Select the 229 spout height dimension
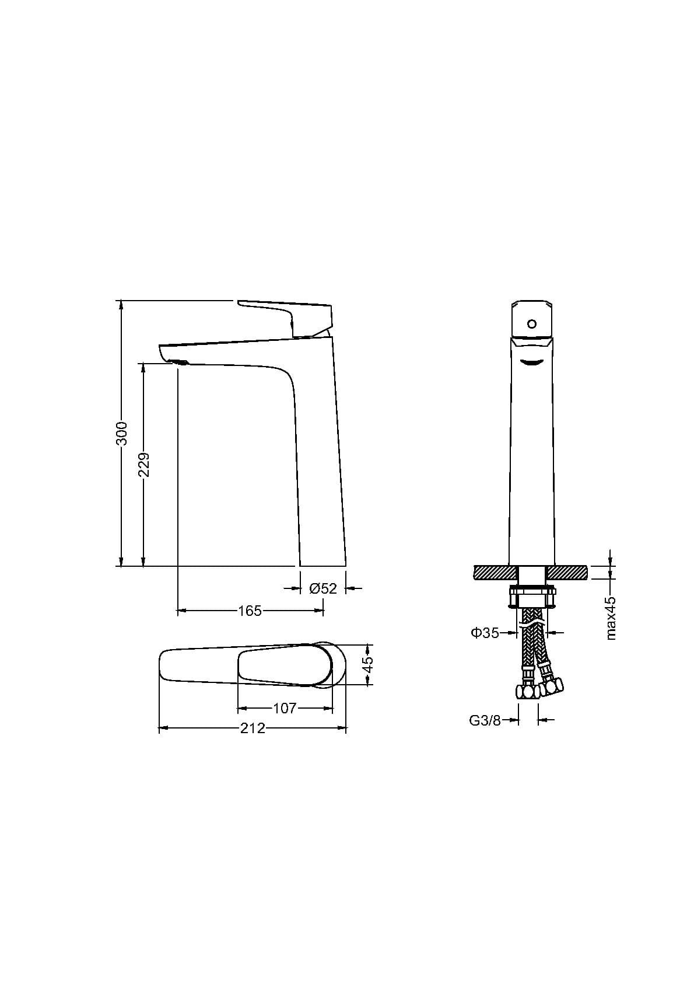(x=144, y=465)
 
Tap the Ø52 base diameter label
(x=323, y=588)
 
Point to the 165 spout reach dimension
(x=250, y=611)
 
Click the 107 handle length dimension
(x=285, y=708)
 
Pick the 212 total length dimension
(x=253, y=728)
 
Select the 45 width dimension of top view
(x=368, y=664)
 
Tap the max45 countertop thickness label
(x=611, y=618)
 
